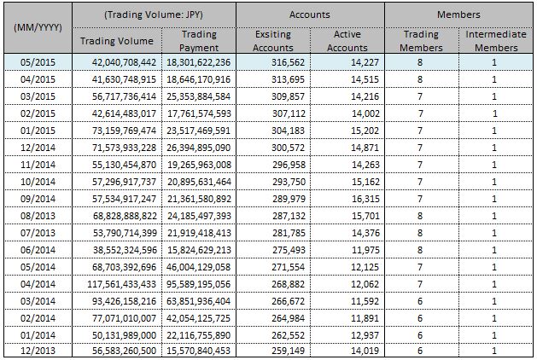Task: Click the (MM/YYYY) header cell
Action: coord(35,28)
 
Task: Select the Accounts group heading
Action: coord(309,15)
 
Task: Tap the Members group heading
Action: coord(458,15)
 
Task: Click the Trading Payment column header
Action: coord(199,41)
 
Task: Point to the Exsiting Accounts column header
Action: coord(272,41)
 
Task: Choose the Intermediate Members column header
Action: coord(494,41)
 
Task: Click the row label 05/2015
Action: coord(35,62)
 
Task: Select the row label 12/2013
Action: coord(35,350)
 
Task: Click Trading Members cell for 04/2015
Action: coord(420,79)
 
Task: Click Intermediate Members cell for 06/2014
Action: coord(494,249)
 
